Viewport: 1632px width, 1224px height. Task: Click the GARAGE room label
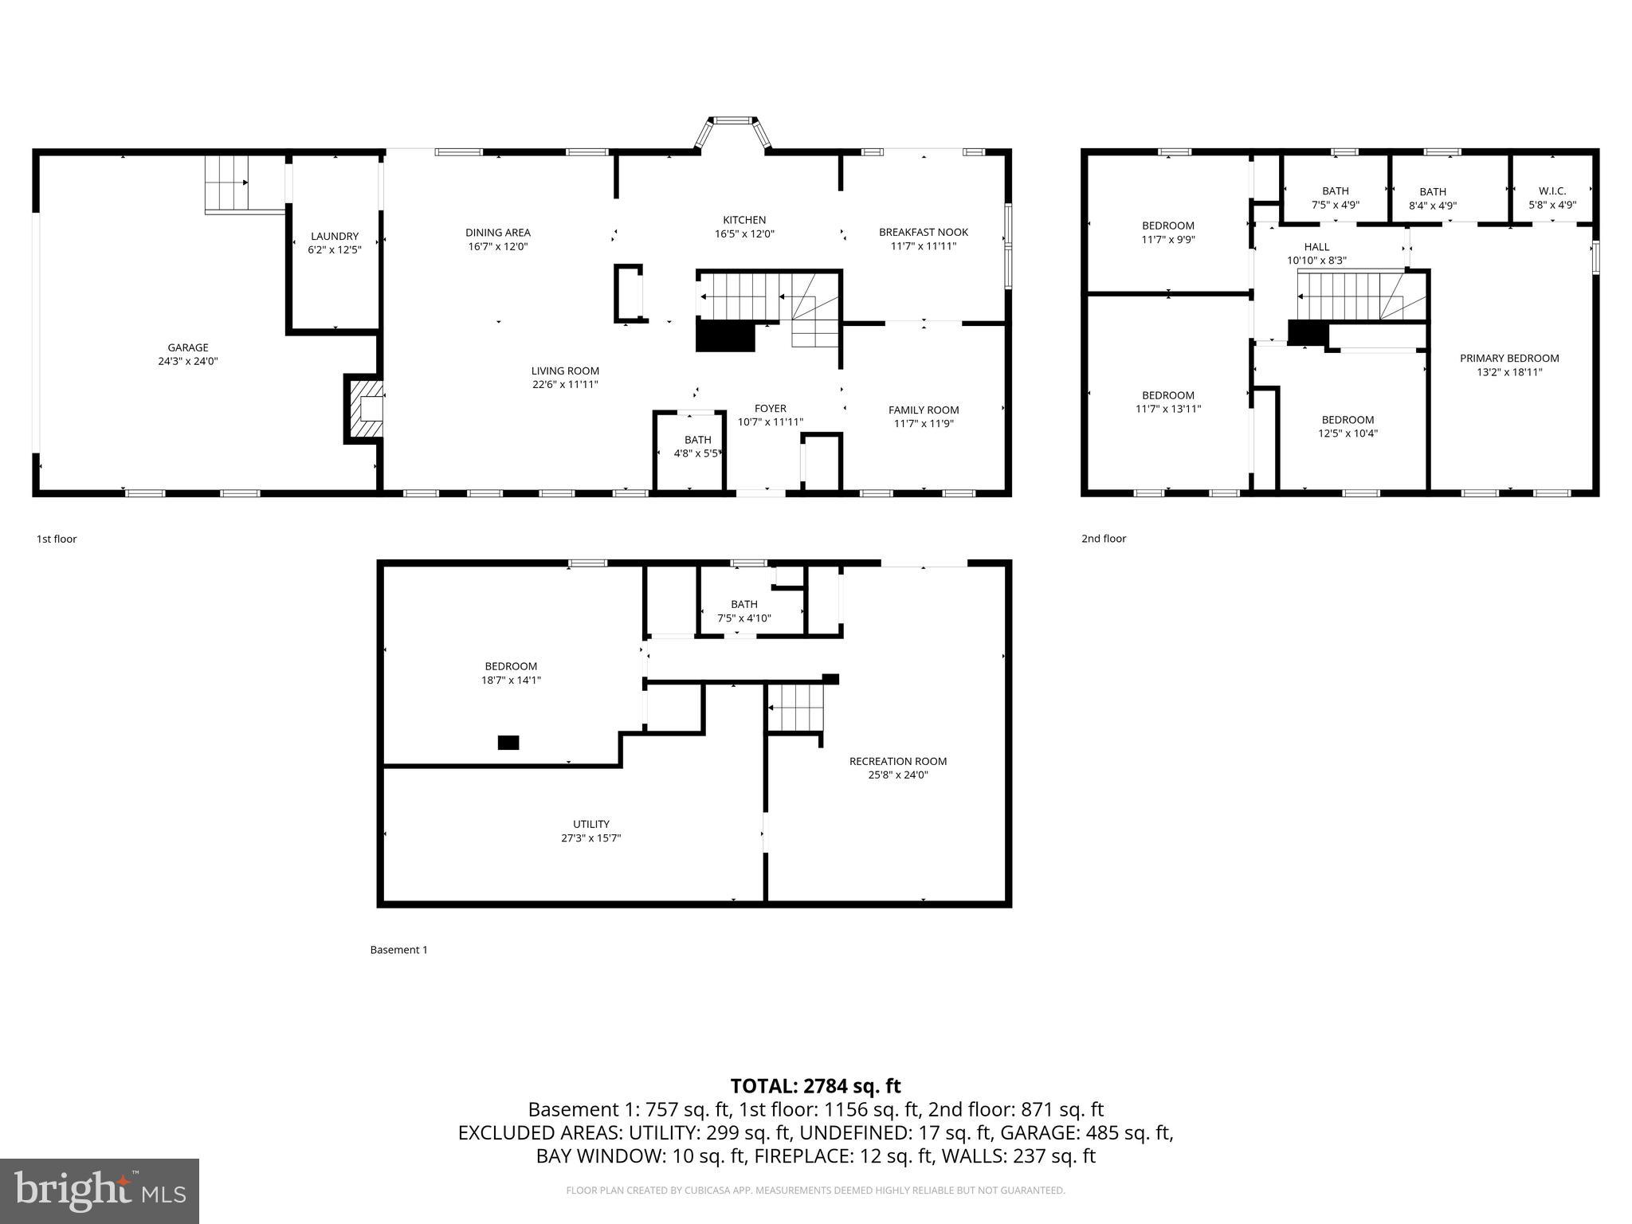point(187,347)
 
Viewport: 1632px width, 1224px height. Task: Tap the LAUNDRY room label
point(335,236)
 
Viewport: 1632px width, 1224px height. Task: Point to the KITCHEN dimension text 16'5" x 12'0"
point(744,234)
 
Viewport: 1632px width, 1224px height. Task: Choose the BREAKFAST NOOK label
point(923,232)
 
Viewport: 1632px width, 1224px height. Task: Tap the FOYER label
point(770,409)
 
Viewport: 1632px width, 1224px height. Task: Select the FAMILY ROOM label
point(923,410)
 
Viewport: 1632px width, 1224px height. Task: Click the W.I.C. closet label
point(1552,191)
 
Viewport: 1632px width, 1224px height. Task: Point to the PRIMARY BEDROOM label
point(1508,359)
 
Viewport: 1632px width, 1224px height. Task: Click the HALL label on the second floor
point(1316,247)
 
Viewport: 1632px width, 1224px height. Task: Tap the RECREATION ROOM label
point(897,761)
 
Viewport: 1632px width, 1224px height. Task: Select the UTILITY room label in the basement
point(590,824)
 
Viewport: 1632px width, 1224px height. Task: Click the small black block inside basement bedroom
point(508,743)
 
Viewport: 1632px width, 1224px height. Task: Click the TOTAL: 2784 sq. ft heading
point(815,1085)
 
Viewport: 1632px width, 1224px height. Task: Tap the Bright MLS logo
point(100,1191)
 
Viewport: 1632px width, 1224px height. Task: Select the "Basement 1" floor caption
point(398,950)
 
